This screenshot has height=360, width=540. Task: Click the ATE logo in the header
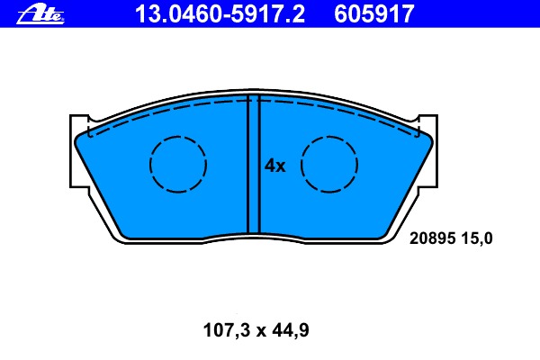click(x=40, y=14)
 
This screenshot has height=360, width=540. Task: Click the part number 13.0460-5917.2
click(x=220, y=14)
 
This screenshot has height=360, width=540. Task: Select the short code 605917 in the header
click(x=374, y=14)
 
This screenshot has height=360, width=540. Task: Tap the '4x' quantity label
click(x=274, y=166)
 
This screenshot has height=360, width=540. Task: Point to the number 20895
click(x=433, y=238)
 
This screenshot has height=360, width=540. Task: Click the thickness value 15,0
click(x=477, y=238)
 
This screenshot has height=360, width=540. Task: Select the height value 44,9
click(x=291, y=330)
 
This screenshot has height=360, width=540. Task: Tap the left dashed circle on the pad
click(x=178, y=137)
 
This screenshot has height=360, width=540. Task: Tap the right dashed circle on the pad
click(x=329, y=137)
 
